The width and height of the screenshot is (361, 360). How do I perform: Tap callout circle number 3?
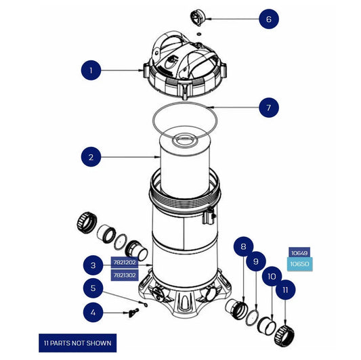click(x=93, y=265)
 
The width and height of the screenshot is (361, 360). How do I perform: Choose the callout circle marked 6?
click(x=268, y=19)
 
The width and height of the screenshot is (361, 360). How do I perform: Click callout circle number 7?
click(x=268, y=107)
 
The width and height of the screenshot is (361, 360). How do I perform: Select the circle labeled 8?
click(x=242, y=247)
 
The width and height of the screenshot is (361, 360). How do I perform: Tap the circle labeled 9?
click(x=255, y=261)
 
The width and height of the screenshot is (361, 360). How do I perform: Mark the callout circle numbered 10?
click(x=271, y=276)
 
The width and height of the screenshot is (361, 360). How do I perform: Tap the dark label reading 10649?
click(x=300, y=253)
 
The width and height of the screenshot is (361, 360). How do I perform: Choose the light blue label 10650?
click(x=300, y=265)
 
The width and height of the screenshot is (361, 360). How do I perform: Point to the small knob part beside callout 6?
click(x=197, y=17)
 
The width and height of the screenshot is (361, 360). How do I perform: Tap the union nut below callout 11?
click(x=284, y=330)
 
